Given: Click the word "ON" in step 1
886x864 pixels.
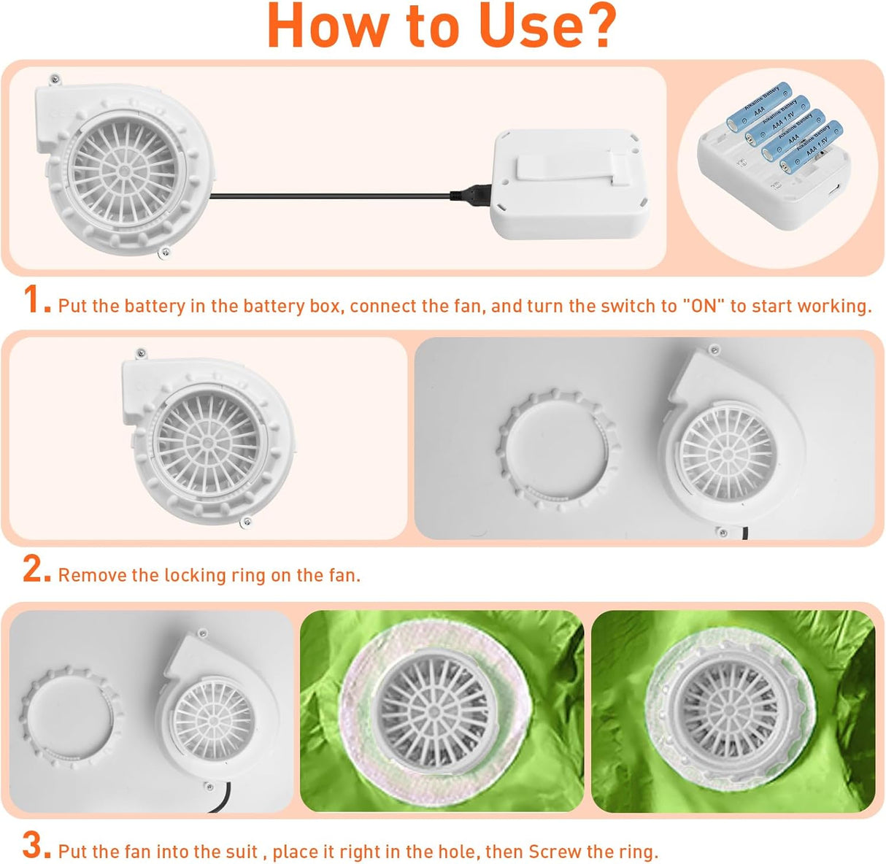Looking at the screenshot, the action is tap(704, 306).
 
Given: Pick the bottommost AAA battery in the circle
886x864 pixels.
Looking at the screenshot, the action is tap(811, 147).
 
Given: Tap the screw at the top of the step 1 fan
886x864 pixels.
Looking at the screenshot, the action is tap(55, 80).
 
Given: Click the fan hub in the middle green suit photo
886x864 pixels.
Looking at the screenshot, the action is tap(434, 712).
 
